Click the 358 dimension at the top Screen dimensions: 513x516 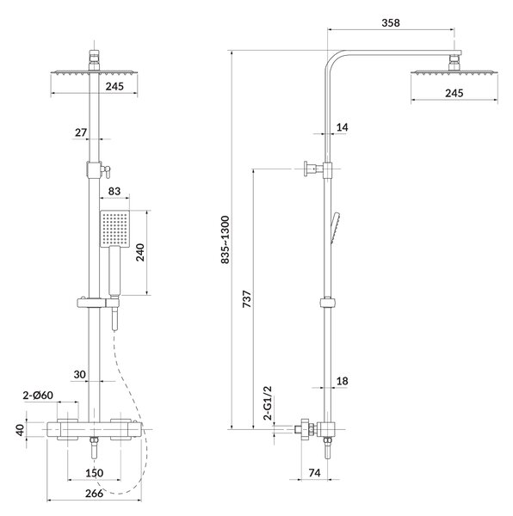tap(391, 22)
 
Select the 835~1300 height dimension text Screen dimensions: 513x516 tap(226, 240)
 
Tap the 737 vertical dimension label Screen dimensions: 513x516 tap(247, 298)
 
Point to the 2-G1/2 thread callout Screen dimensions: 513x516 tap(268, 403)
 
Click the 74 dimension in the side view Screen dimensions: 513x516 tap(315, 473)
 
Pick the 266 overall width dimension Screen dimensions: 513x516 tap(94, 494)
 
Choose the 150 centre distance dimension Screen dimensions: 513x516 tap(95, 473)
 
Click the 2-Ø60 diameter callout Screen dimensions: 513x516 tap(38, 395)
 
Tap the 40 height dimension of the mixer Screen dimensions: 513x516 tap(21, 430)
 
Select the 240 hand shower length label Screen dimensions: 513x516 tap(140, 252)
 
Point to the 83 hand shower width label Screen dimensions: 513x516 tap(114, 191)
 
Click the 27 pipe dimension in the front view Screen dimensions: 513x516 tap(81, 132)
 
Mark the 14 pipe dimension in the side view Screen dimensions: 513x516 tap(343, 127)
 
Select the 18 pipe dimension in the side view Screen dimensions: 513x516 tap(343, 381)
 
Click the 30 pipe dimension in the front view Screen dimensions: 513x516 tap(80, 374)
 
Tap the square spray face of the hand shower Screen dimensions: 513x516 tap(114, 229)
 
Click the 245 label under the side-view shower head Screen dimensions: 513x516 tap(454, 93)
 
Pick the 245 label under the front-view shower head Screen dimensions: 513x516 tap(114, 86)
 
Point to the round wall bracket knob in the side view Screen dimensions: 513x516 tap(306, 169)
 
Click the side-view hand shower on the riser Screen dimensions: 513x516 tap(336, 228)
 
